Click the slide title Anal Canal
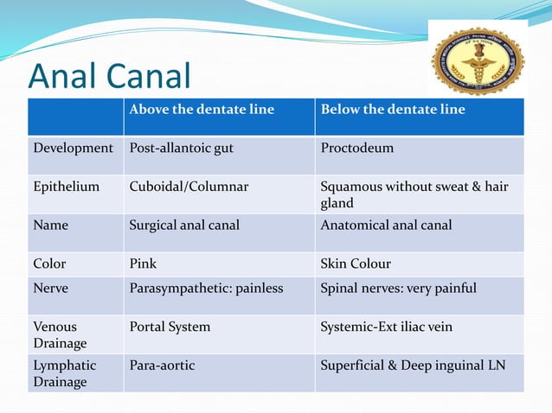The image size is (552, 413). [x=109, y=76]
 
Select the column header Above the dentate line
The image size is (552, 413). [x=202, y=110]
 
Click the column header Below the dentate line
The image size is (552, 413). [x=393, y=110]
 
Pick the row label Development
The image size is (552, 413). [x=74, y=148]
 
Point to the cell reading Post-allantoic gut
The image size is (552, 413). [x=181, y=148]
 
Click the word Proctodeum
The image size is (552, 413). [x=356, y=148]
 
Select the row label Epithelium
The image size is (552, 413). [x=67, y=187]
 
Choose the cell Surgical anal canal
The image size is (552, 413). [x=184, y=226]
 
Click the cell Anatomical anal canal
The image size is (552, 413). [x=386, y=226]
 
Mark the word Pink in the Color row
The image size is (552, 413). [x=143, y=264]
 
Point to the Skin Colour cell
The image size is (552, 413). [x=356, y=264]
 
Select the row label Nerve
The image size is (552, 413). [x=50, y=288]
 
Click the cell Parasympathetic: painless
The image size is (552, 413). [x=206, y=288]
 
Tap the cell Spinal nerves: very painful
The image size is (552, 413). [x=398, y=288]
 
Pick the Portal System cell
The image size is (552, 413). [x=170, y=327]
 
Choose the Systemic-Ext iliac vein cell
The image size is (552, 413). [x=386, y=327]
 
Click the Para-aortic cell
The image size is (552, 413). [x=162, y=365]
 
